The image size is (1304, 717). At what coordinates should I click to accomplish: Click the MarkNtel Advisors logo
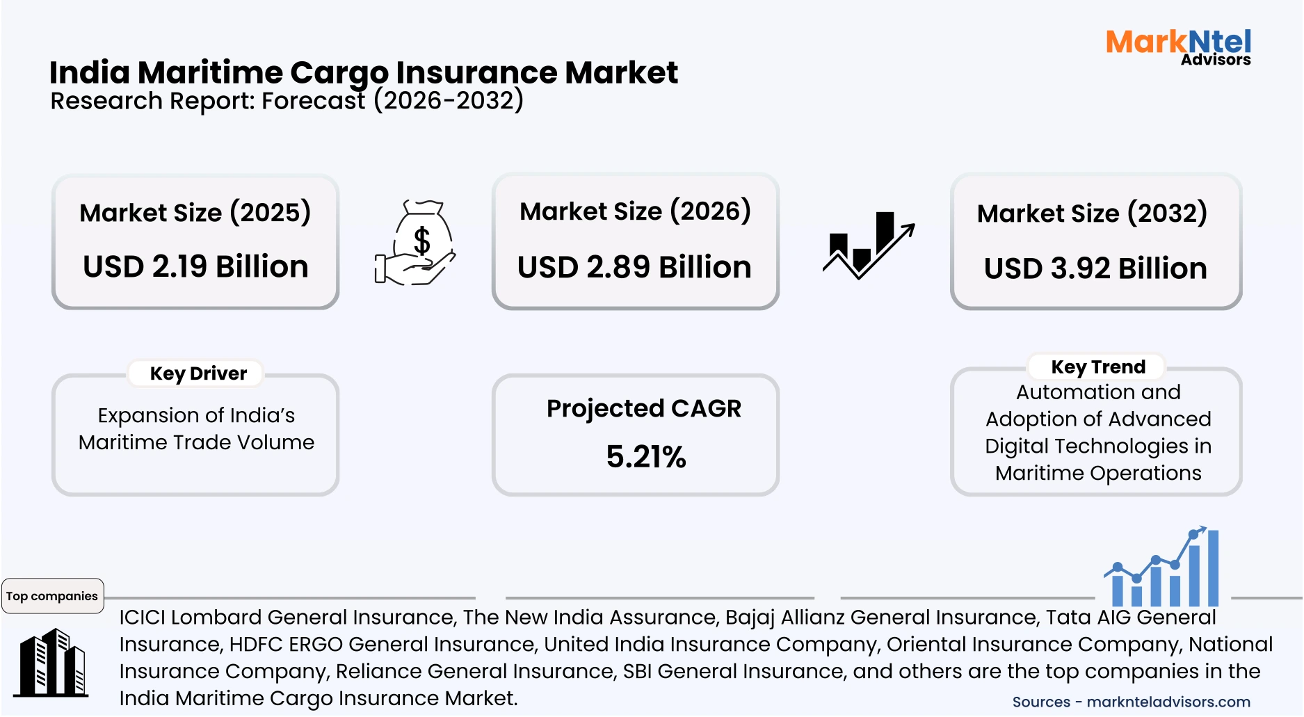coord(1178,47)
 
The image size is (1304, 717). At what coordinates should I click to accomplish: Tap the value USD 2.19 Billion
coord(195,266)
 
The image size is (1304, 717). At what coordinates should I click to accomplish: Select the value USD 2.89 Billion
coord(634,267)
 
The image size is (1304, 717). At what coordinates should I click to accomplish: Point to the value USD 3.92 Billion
coord(1095,268)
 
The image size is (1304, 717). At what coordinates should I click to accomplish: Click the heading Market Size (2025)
coord(195,212)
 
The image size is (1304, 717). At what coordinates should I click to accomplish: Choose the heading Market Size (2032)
coord(1092,213)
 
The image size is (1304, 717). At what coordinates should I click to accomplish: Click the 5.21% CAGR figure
coord(645,457)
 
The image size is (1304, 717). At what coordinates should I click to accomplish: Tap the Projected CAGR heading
coord(644,408)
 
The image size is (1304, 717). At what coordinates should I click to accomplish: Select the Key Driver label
coord(198,373)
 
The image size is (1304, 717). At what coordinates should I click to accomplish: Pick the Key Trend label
coord(1098,366)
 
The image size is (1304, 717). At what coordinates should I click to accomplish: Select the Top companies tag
coord(52,596)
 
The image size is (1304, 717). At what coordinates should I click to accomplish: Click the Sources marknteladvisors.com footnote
coord(1131,702)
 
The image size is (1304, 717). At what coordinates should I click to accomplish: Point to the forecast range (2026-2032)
coord(449,101)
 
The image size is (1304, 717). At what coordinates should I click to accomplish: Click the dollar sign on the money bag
coord(422,241)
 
